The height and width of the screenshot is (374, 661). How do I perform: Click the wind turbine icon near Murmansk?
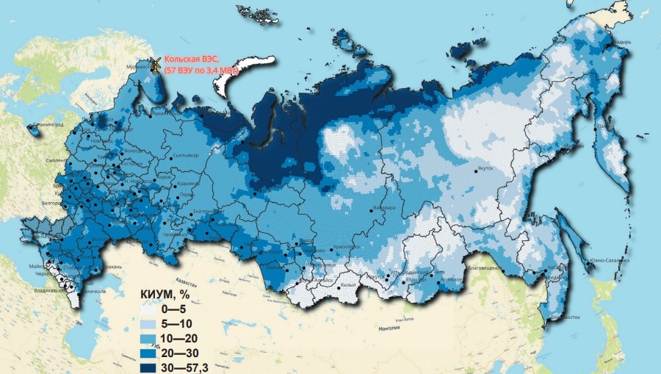[x=154, y=65]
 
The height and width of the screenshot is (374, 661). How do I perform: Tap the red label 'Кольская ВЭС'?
[x=187, y=60]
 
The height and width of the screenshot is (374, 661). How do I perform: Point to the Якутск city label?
[x=489, y=168]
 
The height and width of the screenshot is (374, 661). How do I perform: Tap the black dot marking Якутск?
[x=477, y=171]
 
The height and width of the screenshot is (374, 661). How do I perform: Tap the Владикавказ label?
[x=37, y=291]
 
